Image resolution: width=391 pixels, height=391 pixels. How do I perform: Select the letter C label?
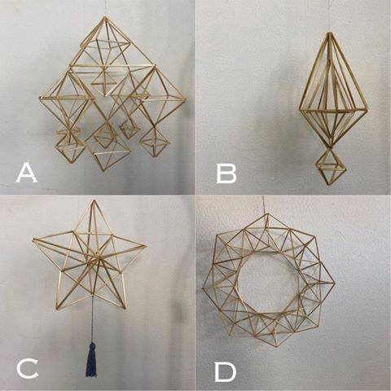(27, 368)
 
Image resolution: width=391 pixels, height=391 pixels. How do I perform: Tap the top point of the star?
(94, 200)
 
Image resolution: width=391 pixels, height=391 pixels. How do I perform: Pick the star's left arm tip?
(34, 239)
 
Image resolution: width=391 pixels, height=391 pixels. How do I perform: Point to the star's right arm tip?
(146, 246)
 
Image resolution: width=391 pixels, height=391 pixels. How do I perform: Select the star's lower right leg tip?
(125, 309)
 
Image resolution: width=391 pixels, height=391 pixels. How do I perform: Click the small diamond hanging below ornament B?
(330, 167)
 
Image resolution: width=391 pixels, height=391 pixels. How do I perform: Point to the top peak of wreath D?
(267, 215)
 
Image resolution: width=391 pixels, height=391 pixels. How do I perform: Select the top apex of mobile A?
(104, 18)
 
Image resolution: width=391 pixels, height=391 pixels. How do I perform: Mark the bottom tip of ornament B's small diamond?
(329, 185)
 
